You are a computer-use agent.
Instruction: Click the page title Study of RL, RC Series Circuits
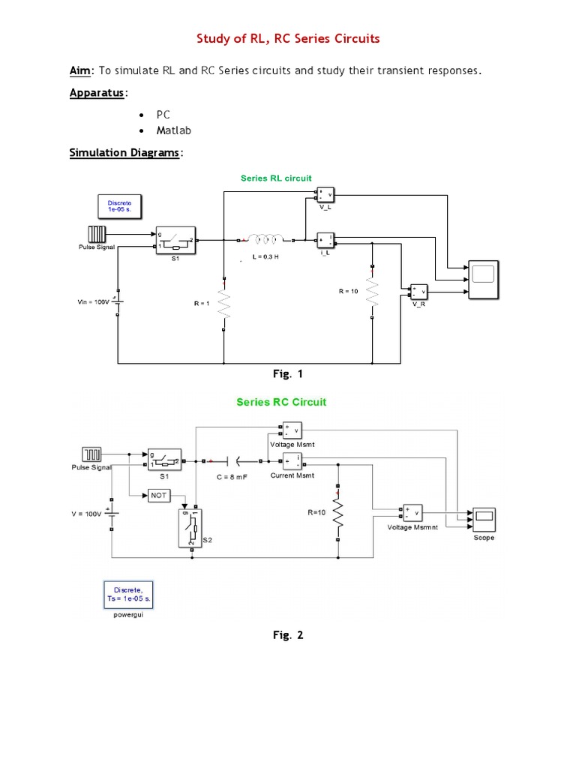coord(288,38)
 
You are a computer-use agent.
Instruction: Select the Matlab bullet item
coord(173,130)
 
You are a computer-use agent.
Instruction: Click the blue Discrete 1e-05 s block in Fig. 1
coord(119,206)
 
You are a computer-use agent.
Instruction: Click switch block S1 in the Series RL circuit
coord(175,240)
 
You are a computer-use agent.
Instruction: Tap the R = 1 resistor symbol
coord(224,304)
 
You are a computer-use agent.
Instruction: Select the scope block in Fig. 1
coord(482,280)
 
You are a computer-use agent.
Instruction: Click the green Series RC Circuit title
coord(281,402)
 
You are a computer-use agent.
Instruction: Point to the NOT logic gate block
coord(159,496)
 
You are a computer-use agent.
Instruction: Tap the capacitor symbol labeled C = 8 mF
coord(238,462)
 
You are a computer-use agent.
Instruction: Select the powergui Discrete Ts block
coord(127,595)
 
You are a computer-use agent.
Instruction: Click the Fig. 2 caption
coord(288,635)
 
